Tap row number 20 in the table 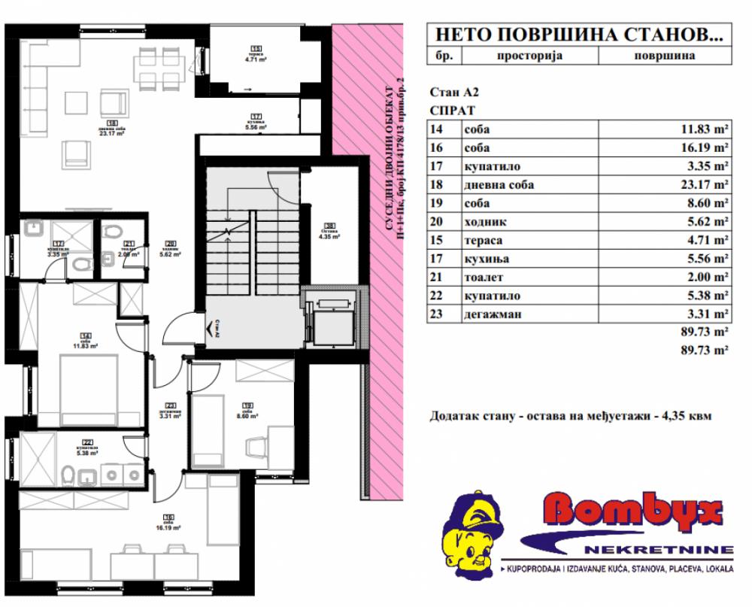(436, 222)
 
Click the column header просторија (529, 55)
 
